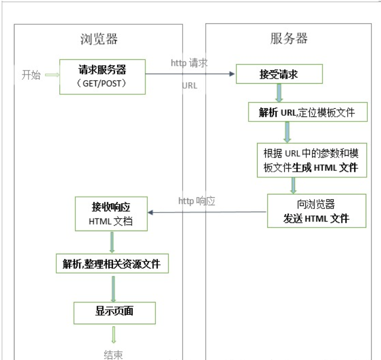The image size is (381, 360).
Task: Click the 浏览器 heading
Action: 98,39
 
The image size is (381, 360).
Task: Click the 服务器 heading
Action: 289,38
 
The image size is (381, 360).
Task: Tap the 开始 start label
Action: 31,75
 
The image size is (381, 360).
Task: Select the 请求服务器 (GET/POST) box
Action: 102,77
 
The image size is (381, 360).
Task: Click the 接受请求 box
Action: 279,75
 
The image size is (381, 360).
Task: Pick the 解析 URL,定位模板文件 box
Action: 307,112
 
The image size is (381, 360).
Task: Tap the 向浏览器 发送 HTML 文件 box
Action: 316,211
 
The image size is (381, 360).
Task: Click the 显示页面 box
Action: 114,313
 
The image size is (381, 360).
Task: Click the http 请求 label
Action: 189,63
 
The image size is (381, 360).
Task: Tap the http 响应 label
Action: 197,201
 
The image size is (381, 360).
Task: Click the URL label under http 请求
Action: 190,86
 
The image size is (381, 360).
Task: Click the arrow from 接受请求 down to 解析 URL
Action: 279,93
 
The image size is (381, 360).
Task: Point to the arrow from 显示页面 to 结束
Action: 114,334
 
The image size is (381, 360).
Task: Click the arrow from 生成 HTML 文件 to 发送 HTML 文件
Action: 293,185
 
